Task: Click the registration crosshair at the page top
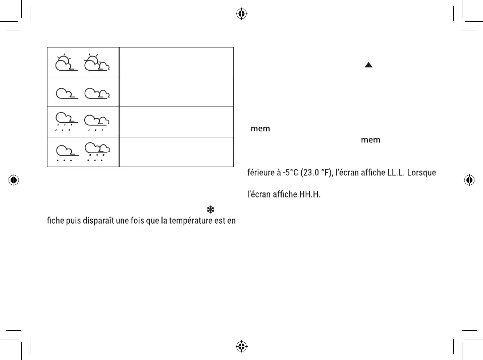tap(241, 14)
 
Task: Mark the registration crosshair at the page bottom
tap(241, 346)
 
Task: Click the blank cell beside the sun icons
tap(176, 62)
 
